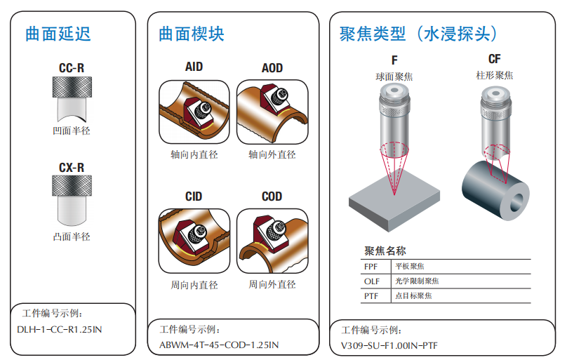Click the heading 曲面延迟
click(x=58, y=34)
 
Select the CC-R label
click(x=72, y=68)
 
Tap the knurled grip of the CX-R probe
click(x=72, y=185)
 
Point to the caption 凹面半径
click(x=72, y=131)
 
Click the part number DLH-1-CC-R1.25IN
click(x=60, y=329)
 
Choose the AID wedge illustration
click(x=194, y=112)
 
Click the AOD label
click(x=272, y=68)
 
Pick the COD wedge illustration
click(x=272, y=241)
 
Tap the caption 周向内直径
click(x=194, y=285)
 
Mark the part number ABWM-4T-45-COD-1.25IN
click(x=219, y=345)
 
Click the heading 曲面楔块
click(x=192, y=34)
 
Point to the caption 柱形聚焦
click(x=495, y=76)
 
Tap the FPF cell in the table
click(x=371, y=267)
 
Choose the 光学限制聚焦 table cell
click(x=417, y=281)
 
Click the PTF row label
click(x=371, y=296)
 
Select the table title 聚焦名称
click(x=385, y=251)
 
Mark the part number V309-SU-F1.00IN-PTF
click(x=389, y=345)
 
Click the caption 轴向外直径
click(x=272, y=154)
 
